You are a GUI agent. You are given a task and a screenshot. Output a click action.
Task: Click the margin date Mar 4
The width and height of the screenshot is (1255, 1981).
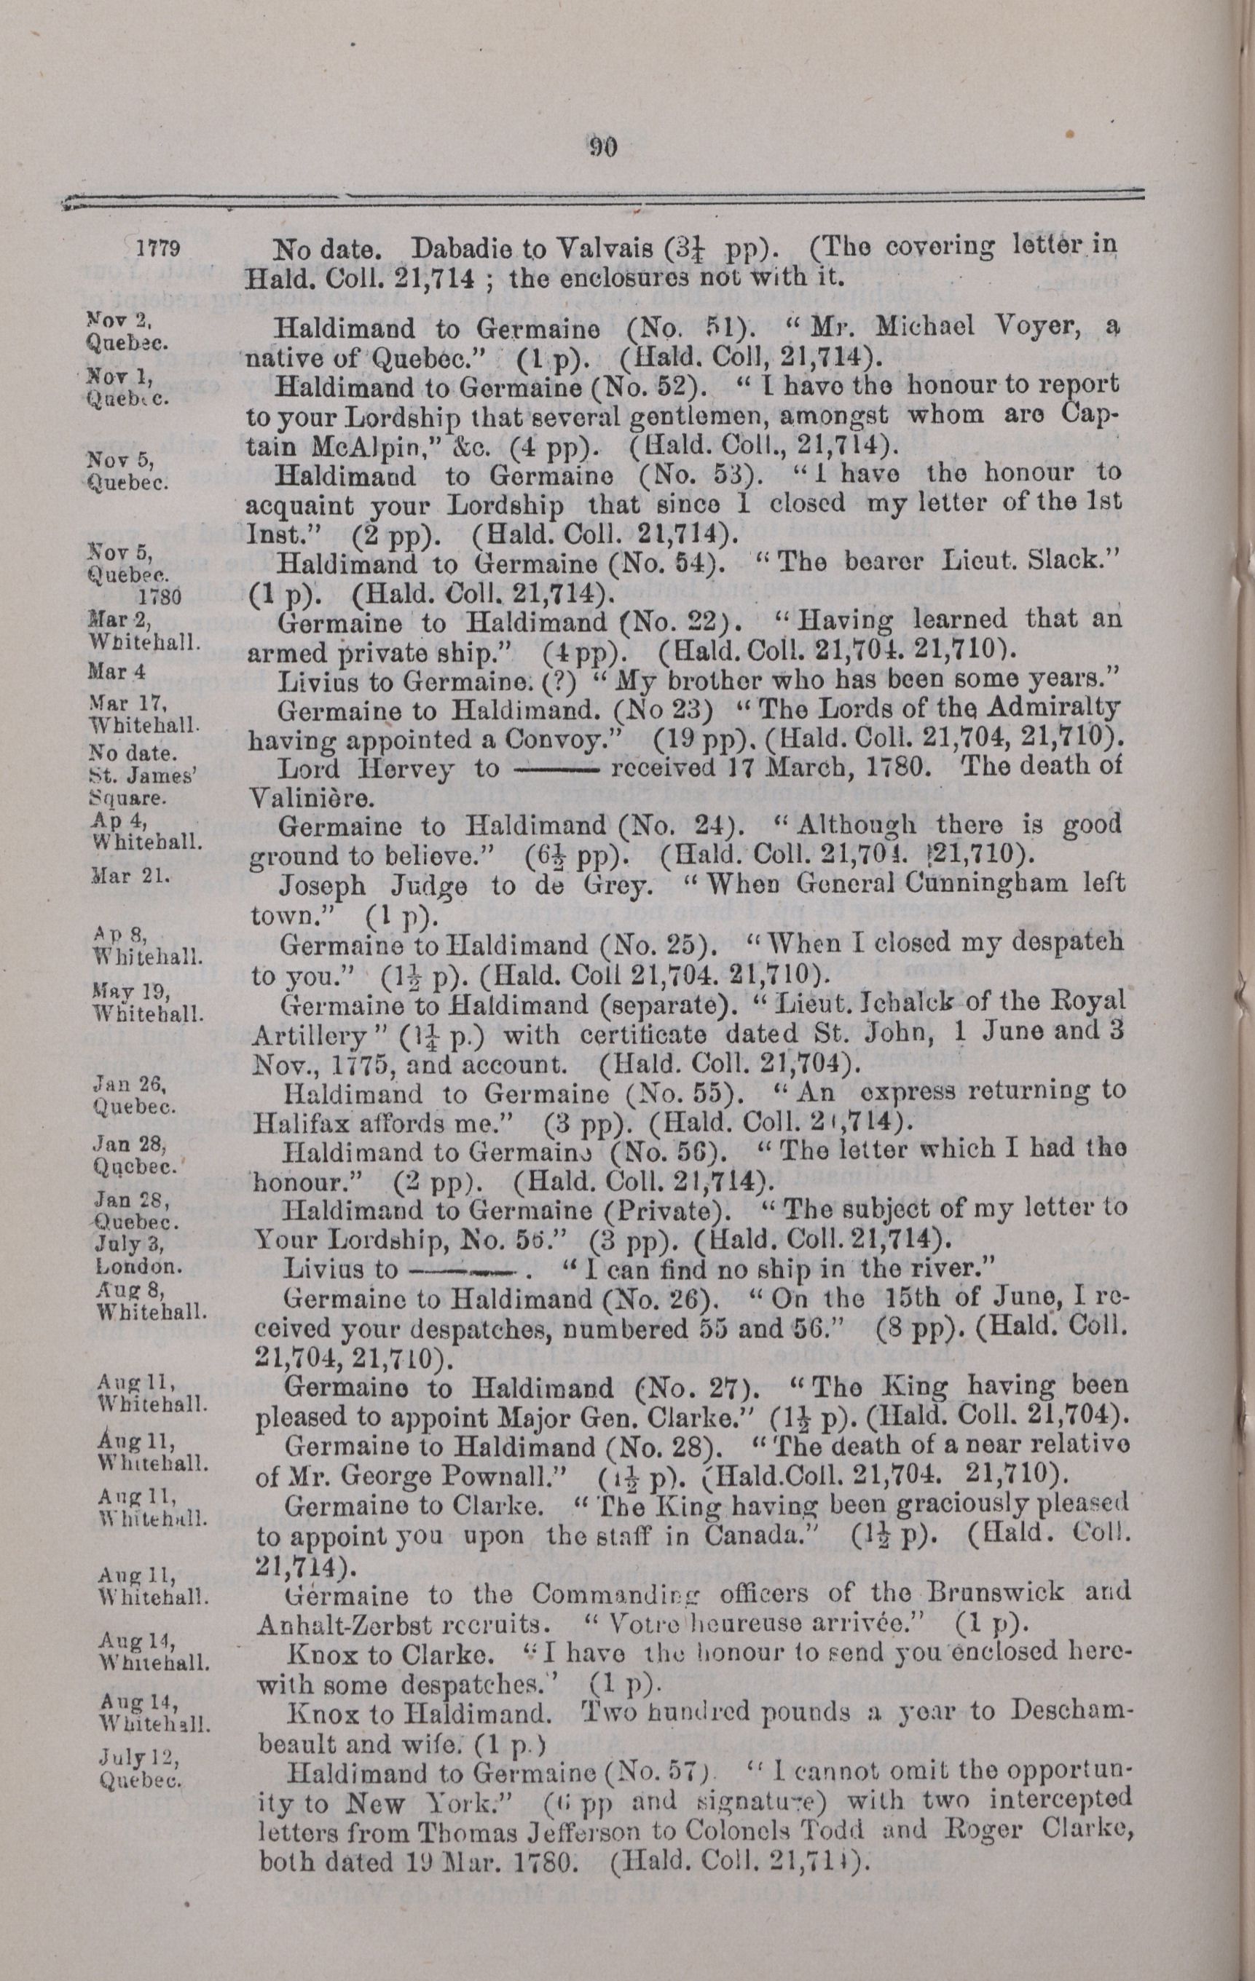(116, 671)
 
